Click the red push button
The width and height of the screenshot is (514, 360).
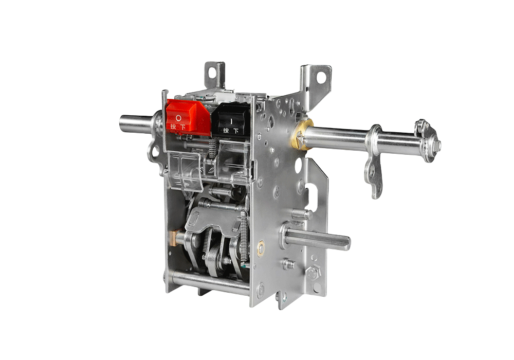(x=188, y=117)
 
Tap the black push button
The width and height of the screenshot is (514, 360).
(x=232, y=120)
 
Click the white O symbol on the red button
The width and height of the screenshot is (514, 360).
(x=178, y=117)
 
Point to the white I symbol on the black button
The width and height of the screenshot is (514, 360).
(x=231, y=121)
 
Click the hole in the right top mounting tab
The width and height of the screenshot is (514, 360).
(x=321, y=78)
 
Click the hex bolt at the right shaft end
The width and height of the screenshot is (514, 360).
(x=436, y=145)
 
